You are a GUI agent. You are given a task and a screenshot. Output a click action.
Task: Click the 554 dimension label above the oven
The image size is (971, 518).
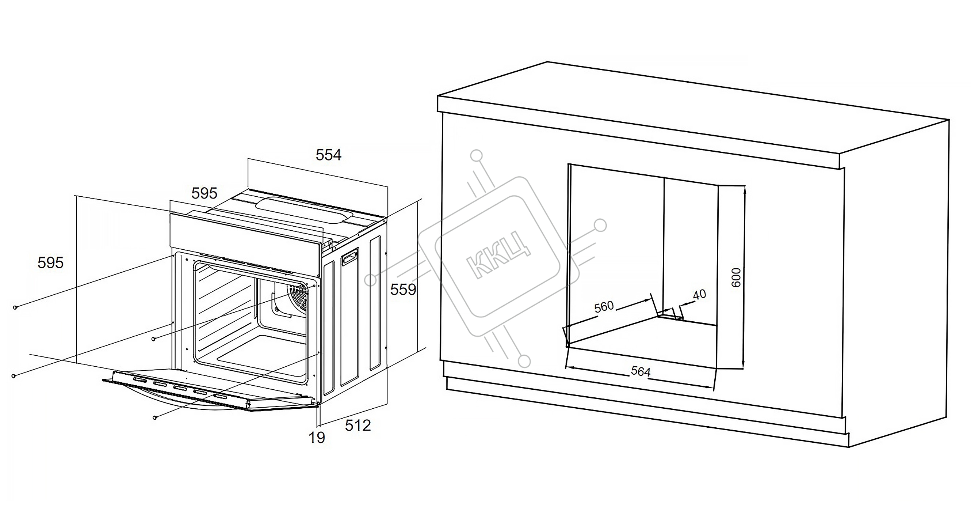point(328,155)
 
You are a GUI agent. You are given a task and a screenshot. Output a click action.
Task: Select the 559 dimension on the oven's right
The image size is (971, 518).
point(403,290)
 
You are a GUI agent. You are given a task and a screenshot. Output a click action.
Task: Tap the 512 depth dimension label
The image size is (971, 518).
point(358,426)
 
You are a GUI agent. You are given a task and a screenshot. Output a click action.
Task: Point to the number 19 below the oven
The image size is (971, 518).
point(317,438)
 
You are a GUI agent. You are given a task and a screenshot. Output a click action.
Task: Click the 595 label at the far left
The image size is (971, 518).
point(50,262)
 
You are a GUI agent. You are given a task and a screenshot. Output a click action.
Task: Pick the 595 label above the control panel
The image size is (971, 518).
point(204,193)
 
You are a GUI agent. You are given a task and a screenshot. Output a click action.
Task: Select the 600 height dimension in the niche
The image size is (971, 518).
point(736,278)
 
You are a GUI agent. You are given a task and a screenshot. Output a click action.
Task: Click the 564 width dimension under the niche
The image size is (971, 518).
point(641,372)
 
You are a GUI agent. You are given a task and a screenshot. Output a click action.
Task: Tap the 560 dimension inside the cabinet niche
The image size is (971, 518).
point(604,307)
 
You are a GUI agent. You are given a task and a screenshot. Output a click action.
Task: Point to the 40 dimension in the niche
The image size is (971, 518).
point(699,295)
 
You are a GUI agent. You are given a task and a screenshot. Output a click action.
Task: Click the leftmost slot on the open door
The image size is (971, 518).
point(139,379)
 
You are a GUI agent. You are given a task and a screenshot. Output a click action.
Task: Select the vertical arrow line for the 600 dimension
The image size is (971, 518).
point(744,277)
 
